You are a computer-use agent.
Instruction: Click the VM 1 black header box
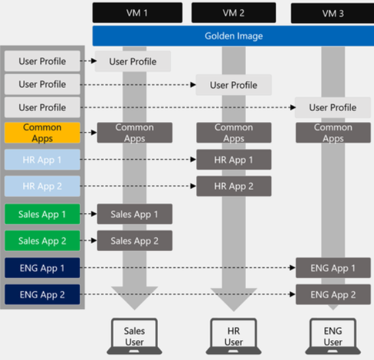coord(137,13)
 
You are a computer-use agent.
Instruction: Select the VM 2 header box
coord(233,13)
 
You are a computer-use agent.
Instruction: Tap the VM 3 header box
coord(332,13)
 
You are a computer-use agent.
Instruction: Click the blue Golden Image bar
coord(233,35)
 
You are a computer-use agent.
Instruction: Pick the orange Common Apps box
coord(42,133)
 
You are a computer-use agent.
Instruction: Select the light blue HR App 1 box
coord(42,160)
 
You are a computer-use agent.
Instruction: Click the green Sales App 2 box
coord(42,241)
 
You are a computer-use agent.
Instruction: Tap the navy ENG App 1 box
coord(42,268)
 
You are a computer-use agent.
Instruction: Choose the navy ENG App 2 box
coord(42,295)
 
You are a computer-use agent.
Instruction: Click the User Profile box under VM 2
coord(233,85)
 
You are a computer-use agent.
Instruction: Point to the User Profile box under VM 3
coord(332,107)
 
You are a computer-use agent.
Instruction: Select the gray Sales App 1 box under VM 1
coord(134,214)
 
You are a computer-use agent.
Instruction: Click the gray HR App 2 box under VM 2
coord(233,186)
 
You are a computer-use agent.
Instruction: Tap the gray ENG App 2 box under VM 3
coord(332,295)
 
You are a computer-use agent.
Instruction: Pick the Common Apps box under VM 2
coord(233,133)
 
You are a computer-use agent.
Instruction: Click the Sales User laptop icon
coord(134,336)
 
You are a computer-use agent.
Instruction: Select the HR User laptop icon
coord(233,336)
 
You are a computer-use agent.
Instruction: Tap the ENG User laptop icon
coord(332,336)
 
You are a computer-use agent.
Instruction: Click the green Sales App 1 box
coord(42,214)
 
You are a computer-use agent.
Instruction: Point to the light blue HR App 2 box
coord(42,186)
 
